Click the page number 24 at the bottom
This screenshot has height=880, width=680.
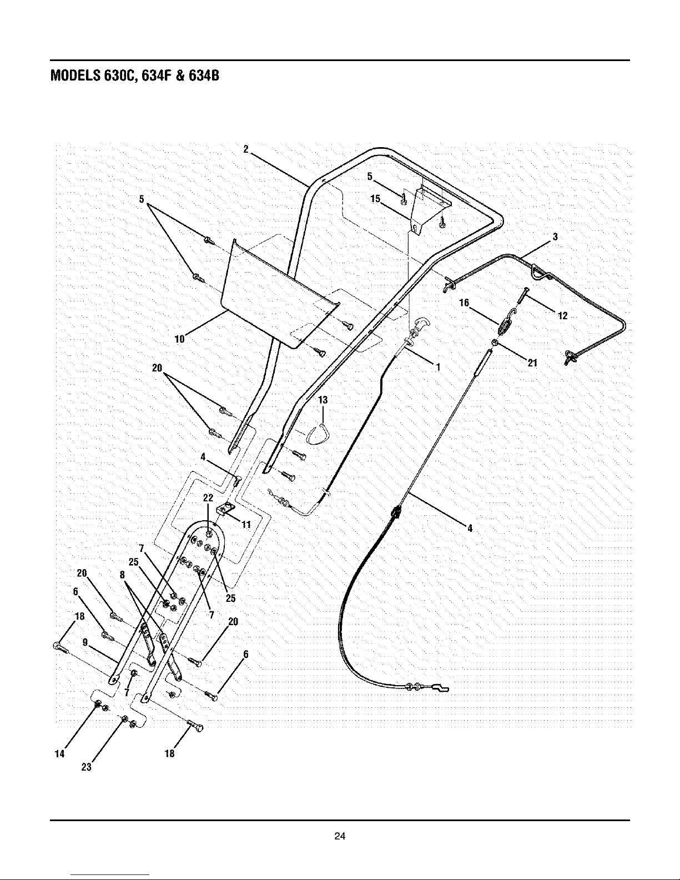tap(340, 836)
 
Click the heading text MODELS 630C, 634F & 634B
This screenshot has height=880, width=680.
tap(135, 76)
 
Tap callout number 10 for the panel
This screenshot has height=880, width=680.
tap(179, 339)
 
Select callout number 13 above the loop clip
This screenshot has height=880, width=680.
tap(323, 400)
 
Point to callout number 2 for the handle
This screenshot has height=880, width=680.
tap(246, 149)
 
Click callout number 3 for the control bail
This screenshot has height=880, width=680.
tap(555, 237)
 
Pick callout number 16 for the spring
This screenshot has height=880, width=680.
tap(464, 303)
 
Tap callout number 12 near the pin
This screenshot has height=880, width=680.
tap(563, 315)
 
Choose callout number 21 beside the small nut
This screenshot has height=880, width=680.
tap(532, 363)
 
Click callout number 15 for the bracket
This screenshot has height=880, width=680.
tap(375, 198)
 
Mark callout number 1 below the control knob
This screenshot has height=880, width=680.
tap(438, 367)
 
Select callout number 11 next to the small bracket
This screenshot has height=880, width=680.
tap(246, 525)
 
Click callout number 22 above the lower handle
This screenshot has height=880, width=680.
tap(208, 497)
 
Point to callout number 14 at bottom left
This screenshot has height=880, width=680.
tap(59, 753)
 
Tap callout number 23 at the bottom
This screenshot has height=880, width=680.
tap(87, 767)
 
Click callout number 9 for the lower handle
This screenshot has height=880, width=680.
tap(85, 642)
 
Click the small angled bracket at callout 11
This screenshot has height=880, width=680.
tap(225, 508)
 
